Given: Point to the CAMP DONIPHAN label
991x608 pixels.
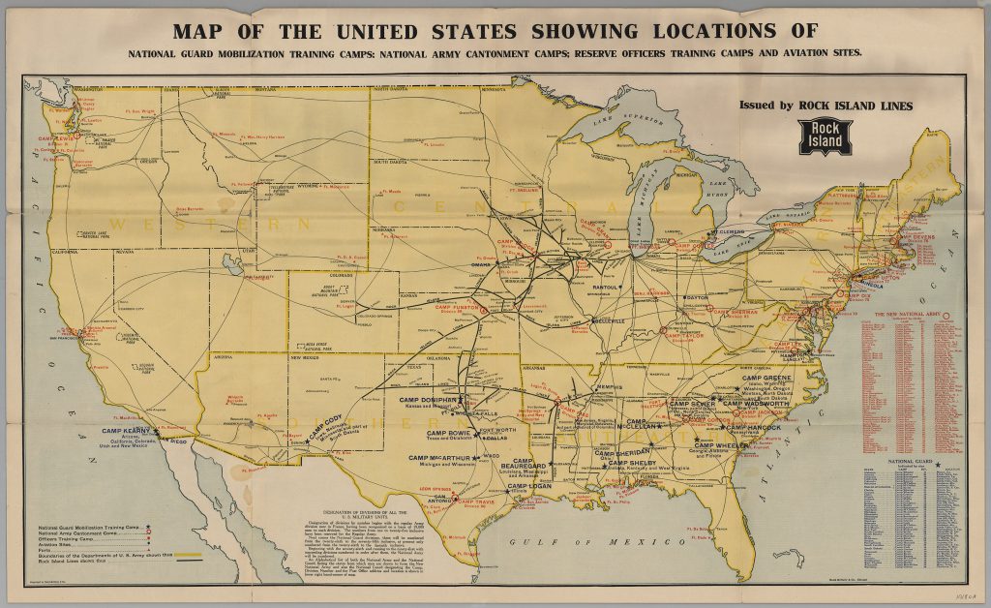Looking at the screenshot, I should coord(427,399).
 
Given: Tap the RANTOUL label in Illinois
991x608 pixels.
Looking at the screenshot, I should coord(605,288).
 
